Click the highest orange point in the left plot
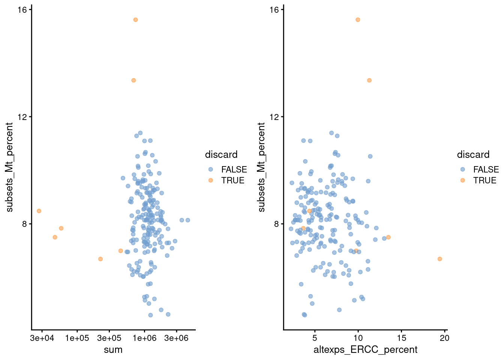click(135, 19)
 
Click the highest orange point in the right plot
click(358, 19)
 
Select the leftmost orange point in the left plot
click(39, 211)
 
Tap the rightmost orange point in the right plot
click(439, 259)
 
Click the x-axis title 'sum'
click(113, 350)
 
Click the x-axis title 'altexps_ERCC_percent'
click(365, 350)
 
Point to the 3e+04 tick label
click(42, 338)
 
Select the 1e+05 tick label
click(77, 338)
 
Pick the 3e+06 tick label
click(176, 338)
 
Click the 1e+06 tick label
click(144, 338)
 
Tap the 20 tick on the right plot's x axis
click(445, 338)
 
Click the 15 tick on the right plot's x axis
click(401, 338)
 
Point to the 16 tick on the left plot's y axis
click(22, 9)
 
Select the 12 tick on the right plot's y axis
click(274, 117)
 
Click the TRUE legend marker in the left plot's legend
click(210, 180)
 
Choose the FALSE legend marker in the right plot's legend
click(462, 169)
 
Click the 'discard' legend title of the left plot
click(221, 154)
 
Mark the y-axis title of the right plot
click(261, 167)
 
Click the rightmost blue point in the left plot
click(187, 220)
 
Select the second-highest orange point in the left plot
click(133, 80)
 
